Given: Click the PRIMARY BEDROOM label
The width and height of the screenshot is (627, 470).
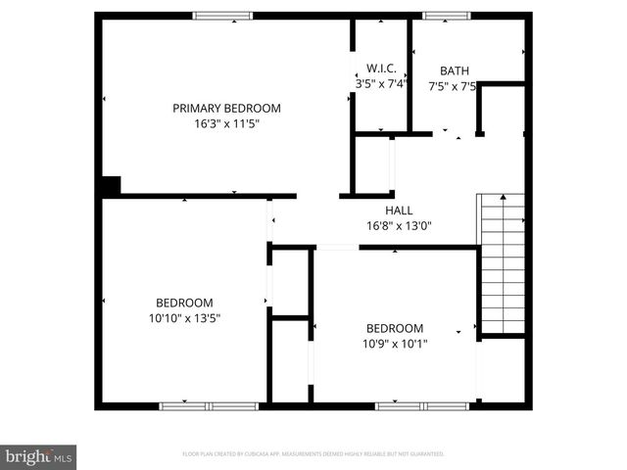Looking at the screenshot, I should click(x=226, y=108).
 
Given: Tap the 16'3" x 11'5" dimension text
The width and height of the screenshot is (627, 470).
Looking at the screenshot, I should click(x=226, y=123).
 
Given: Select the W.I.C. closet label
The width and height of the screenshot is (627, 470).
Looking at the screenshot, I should click(x=381, y=68).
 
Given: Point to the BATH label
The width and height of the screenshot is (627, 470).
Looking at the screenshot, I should click(x=454, y=70).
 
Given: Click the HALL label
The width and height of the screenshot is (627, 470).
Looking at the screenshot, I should click(x=399, y=211).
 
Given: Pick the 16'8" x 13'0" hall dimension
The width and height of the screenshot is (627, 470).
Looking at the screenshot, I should click(x=399, y=226).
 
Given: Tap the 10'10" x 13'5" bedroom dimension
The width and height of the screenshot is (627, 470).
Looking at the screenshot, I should click(x=184, y=318).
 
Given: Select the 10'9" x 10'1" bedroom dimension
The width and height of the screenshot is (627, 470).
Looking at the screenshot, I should click(x=394, y=344).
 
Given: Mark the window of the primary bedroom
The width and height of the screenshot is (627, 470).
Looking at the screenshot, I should click(x=222, y=15).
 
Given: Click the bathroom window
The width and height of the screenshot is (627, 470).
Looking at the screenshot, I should click(x=446, y=15).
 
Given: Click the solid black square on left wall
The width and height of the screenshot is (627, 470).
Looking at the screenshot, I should click(x=111, y=186).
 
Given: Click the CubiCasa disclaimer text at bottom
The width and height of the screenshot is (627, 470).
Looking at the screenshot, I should click(x=313, y=454).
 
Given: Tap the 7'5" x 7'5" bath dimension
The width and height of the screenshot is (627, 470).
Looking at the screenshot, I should click(x=454, y=86).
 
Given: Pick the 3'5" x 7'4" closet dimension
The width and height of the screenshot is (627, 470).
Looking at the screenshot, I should click(x=380, y=83).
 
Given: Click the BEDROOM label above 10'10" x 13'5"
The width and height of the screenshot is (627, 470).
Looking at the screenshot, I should click(x=184, y=303).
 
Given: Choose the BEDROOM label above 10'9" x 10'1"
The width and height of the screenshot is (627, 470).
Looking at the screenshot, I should click(x=394, y=328).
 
